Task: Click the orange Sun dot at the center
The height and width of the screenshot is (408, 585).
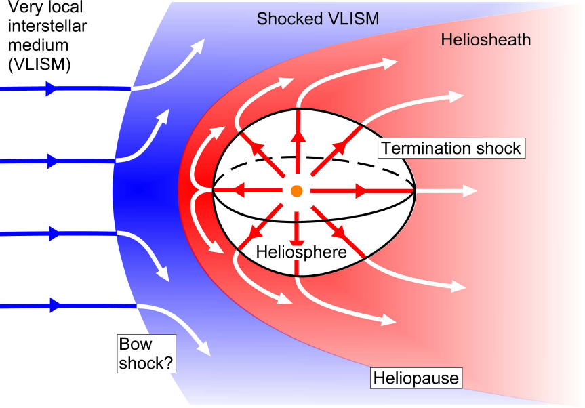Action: (x=296, y=191)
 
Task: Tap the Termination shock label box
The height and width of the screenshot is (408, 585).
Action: (x=451, y=148)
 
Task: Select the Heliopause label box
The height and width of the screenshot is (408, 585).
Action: (x=416, y=378)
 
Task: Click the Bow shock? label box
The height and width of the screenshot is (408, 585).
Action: (x=146, y=353)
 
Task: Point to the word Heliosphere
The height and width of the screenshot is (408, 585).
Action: (x=301, y=252)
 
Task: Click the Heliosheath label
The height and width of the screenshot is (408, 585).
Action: (x=485, y=40)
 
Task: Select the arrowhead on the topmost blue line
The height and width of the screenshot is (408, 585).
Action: (x=51, y=88)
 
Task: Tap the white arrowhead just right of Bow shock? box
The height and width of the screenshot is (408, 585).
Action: (x=203, y=349)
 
